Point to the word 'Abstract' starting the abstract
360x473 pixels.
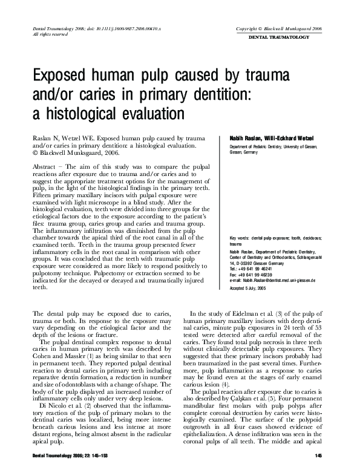click(45, 165)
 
